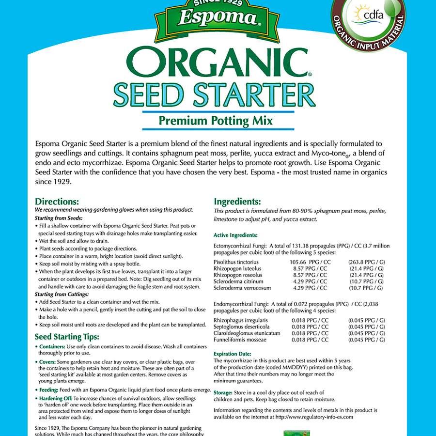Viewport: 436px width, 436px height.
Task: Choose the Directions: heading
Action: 57,202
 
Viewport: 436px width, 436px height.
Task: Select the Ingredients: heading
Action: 237,202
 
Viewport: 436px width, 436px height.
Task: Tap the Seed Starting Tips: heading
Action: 67,337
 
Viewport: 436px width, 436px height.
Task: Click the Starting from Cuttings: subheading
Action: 62,294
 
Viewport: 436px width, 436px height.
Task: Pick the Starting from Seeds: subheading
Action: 58,218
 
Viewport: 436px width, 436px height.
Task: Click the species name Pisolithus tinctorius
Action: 238,262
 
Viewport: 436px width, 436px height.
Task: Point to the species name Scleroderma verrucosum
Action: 242,288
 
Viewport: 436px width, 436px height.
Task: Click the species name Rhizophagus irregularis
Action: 240,320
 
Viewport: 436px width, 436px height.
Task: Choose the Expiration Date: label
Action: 233,354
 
